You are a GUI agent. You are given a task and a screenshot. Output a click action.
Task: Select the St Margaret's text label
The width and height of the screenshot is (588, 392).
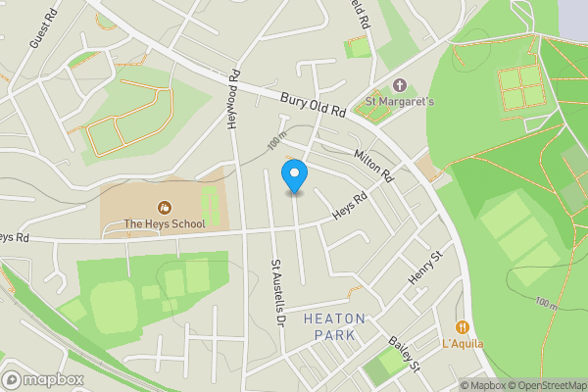(399, 100)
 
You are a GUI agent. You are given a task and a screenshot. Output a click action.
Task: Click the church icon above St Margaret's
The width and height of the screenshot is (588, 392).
(399, 85)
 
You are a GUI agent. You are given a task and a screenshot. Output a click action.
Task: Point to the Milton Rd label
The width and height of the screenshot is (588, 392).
(372, 168)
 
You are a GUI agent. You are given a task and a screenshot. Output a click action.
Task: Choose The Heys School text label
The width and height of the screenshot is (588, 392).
(165, 223)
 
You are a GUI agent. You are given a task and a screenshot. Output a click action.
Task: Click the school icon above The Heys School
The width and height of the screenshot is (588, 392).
(164, 207)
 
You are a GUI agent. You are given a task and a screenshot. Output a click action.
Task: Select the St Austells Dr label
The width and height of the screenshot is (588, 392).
(277, 292)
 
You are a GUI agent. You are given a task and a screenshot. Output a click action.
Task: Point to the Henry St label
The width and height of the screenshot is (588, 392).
(426, 267)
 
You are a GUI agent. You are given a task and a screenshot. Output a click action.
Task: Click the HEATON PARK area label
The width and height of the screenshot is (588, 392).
(334, 326)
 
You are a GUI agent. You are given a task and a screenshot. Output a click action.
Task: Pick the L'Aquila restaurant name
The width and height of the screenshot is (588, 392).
(463, 344)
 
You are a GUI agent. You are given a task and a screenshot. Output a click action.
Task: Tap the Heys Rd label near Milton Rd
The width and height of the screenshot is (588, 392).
(349, 204)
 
